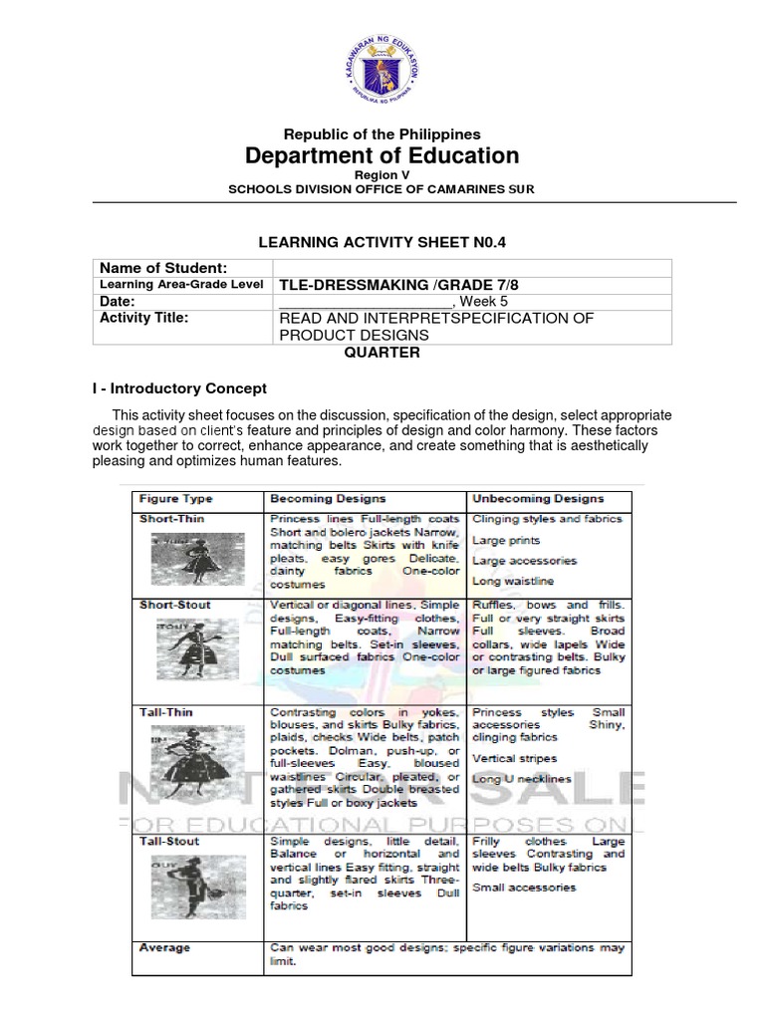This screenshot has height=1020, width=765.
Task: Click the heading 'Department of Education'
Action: click(382, 155)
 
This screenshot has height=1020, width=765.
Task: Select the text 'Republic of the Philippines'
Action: click(382, 133)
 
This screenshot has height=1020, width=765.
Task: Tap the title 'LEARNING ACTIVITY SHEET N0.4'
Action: click(382, 241)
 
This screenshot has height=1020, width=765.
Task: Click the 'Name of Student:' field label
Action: click(162, 268)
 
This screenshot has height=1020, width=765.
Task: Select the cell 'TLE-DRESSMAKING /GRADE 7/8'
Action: click(399, 285)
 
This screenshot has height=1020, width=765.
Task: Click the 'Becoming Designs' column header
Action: click(328, 499)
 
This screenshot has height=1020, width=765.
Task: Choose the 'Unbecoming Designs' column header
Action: click(538, 499)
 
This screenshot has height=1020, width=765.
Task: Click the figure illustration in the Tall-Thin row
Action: click(184, 761)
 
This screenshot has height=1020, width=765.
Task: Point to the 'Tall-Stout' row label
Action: click(168, 841)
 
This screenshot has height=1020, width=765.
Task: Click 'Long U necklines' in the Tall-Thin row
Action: click(521, 779)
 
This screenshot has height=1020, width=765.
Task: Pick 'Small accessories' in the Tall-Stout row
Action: click(524, 888)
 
